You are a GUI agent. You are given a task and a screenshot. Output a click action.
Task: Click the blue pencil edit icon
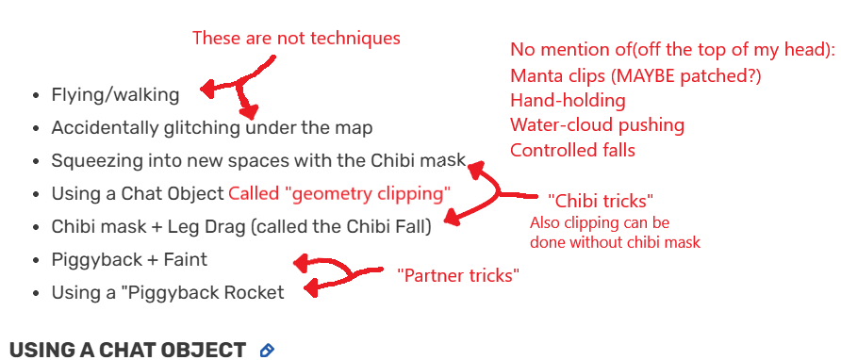[267, 350]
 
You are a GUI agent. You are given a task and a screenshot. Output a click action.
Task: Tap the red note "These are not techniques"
[296, 39]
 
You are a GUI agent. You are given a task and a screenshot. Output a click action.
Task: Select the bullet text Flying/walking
[115, 94]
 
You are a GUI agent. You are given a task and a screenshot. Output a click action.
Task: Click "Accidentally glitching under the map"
[212, 127]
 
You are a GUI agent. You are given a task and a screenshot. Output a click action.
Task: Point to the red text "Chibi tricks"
[601, 200]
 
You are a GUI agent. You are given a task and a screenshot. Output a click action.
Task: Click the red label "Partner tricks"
[459, 275]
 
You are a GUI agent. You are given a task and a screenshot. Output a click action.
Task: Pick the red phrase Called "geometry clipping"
[339, 193]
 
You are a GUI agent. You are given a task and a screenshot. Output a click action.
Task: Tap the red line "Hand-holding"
[568, 100]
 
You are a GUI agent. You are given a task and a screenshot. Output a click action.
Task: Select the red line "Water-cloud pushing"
[597, 124]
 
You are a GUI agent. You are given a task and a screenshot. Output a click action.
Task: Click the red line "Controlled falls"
[572, 150]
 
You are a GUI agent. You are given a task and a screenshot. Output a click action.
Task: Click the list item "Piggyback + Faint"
[129, 259]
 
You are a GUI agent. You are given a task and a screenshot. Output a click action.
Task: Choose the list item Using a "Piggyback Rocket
[168, 292]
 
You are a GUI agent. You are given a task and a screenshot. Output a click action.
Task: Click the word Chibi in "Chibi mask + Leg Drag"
[73, 226]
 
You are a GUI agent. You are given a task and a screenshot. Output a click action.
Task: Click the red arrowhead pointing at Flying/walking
[205, 90]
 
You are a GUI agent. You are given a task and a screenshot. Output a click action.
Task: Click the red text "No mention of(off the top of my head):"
[666, 49]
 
